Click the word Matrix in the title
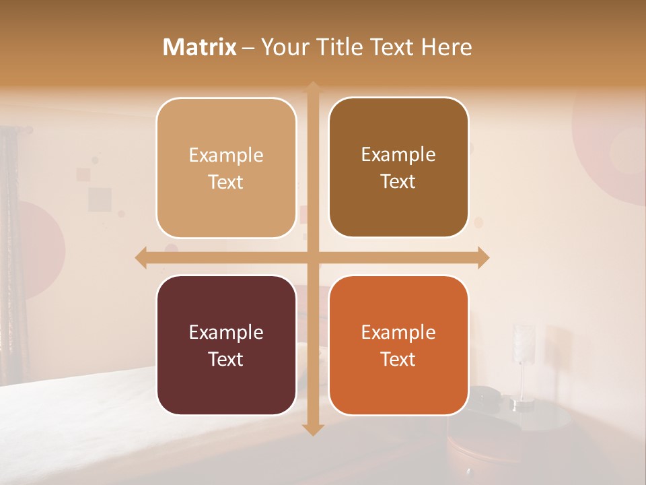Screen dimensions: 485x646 [200, 47]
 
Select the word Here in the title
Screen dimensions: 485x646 [447, 47]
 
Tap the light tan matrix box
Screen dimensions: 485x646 [226, 168]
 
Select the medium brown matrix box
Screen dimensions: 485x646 [398, 168]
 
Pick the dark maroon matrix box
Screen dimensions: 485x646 [226, 345]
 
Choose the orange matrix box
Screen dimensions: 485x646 [398, 345]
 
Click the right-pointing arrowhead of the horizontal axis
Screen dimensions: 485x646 [482, 257]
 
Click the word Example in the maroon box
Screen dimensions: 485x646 [226, 332]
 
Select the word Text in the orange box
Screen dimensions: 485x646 [398, 359]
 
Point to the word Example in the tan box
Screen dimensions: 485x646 [226, 155]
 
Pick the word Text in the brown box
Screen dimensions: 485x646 [398, 182]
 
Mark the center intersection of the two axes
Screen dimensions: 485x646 [313, 257]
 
